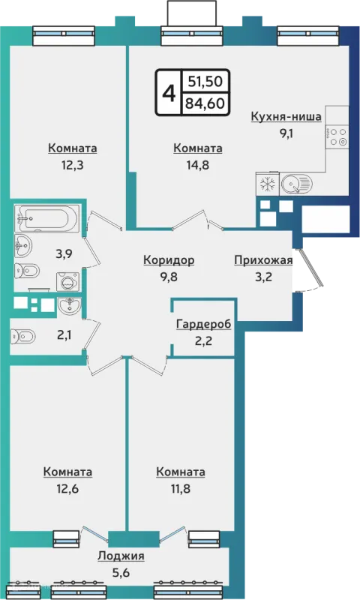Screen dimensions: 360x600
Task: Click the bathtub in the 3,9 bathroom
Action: click(47, 218)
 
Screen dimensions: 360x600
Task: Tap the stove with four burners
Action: click(337, 137)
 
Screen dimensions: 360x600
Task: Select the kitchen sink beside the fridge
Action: click(297, 184)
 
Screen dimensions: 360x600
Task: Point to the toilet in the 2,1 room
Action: click(23, 336)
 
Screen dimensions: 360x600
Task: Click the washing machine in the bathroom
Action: click(68, 283)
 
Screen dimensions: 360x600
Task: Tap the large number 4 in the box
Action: click(169, 92)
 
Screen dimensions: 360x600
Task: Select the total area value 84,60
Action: click(205, 103)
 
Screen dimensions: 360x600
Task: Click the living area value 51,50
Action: click(205, 81)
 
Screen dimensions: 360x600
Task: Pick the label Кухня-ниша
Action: click(286, 116)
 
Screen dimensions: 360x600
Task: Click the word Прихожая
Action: click(263, 260)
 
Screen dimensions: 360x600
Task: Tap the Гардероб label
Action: click(203, 325)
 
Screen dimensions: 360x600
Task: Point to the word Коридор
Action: click(169, 260)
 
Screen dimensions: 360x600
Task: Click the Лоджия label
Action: click(121, 556)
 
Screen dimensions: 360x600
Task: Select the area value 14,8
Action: click(198, 165)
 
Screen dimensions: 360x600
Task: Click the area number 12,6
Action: click(67, 489)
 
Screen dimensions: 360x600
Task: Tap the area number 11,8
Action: click(180, 489)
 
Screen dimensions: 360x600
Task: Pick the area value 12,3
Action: click(72, 165)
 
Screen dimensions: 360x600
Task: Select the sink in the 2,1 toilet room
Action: click(70, 305)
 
